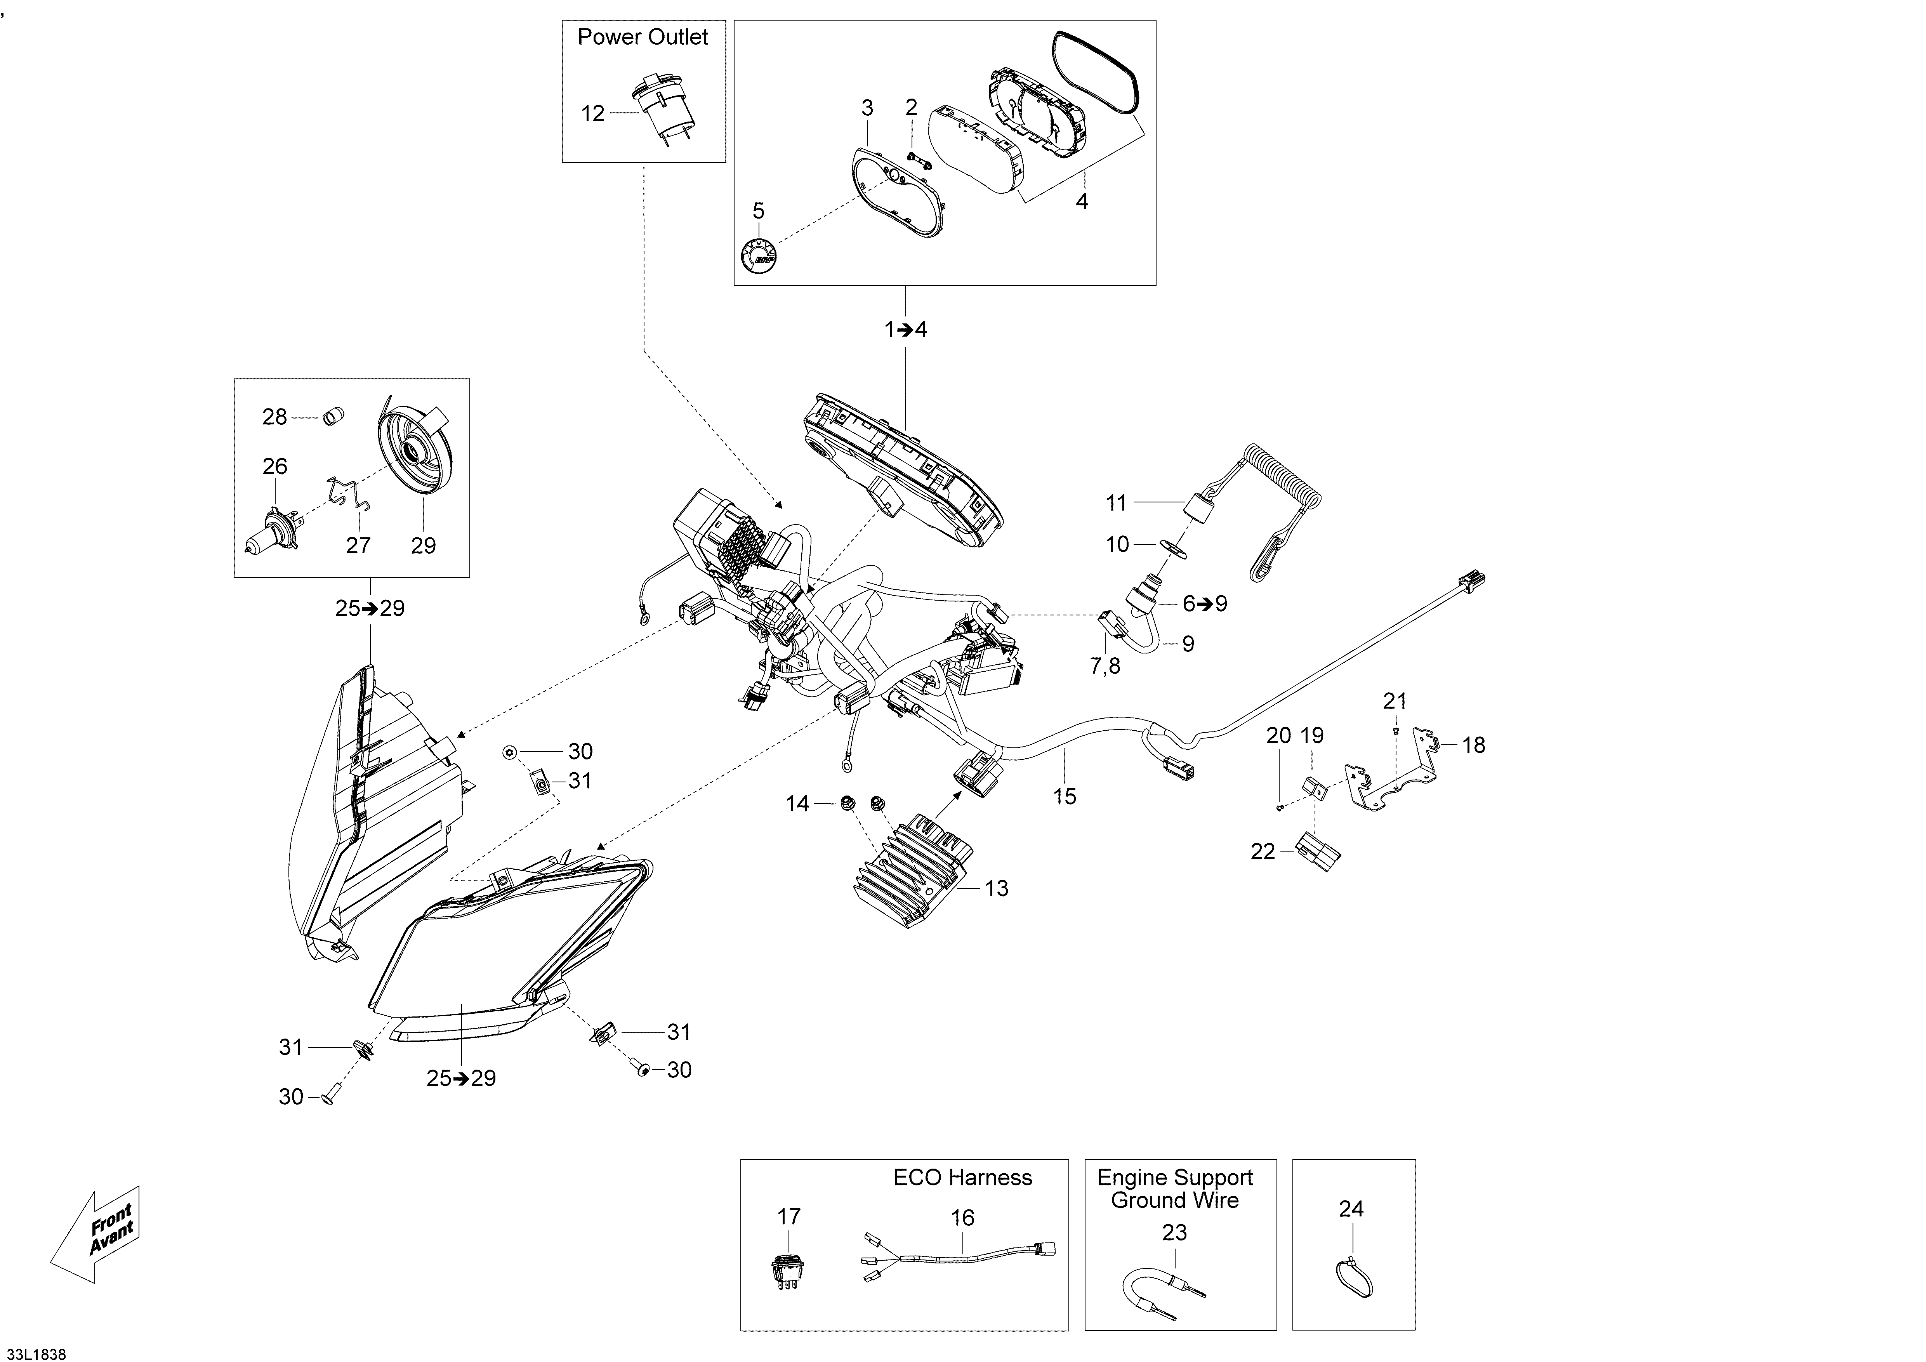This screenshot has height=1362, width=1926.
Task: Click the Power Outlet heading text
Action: [x=643, y=37]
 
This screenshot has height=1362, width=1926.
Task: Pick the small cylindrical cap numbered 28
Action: [x=335, y=416]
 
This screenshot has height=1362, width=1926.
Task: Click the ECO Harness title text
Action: [x=962, y=1178]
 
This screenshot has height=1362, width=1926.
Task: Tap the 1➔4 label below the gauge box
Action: [x=905, y=330]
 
